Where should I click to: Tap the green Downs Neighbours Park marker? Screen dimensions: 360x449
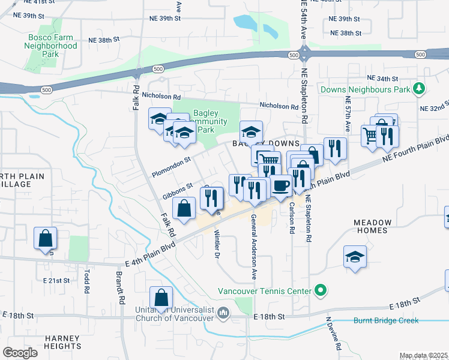click(420, 89)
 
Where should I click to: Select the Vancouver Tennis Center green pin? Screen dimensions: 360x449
click(321, 292)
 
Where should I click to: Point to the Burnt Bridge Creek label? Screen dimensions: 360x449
click(385, 320)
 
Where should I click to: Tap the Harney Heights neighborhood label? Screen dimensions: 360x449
click(62, 342)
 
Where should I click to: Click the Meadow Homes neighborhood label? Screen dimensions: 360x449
click(372, 226)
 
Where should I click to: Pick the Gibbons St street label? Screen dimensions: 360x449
click(177, 191)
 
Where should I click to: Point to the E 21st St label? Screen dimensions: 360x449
click(57, 280)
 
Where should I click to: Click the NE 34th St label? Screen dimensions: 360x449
click(383, 79)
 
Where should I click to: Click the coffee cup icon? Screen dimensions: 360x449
click(280, 185)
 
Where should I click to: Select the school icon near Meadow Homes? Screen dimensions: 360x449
click(355, 257)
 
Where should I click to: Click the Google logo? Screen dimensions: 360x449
click(20, 353)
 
